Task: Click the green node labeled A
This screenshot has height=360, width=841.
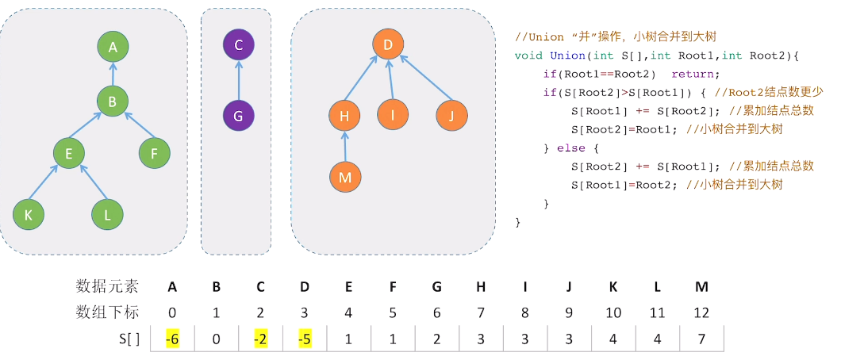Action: pyautogui.click(x=113, y=48)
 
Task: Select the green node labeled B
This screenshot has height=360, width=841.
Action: pyautogui.click(x=113, y=101)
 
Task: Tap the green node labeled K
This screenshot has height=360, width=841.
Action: pyautogui.click(x=29, y=213)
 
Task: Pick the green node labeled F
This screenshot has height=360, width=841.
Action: pyautogui.click(x=154, y=153)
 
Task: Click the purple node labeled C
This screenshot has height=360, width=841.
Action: pyautogui.click(x=239, y=44)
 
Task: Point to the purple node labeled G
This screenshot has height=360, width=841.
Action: pyautogui.click(x=239, y=116)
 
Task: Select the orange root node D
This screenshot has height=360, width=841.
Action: pyautogui.click(x=387, y=45)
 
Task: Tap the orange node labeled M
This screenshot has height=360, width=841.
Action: pyautogui.click(x=344, y=177)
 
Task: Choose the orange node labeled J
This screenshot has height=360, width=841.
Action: pyautogui.click(x=451, y=116)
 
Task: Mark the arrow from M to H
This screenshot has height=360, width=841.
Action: pyautogui.click(x=344, y=147)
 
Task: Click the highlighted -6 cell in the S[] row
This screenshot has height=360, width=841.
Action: pyautogui.click(x=171, y=339)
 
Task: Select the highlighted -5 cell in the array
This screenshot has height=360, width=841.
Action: pyautogui.click(x=305, y=339)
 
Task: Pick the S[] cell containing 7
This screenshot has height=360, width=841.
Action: pyautogui.click(x=701, y=339)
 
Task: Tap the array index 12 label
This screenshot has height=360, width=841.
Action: pyautogui.click(x=701, y=312)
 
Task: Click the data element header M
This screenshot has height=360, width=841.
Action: pyautogui.click(x=701, y=286)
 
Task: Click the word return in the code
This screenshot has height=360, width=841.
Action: pyautogui.click(x=694, y=74)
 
